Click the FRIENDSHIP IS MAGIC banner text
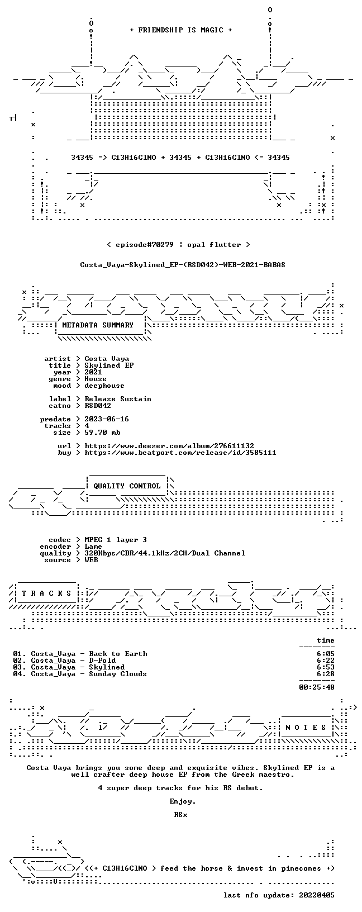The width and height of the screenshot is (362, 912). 181,30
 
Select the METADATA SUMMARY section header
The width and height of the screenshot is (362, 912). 98,325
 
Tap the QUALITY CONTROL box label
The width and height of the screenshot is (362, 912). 127,486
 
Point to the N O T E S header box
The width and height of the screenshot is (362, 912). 306,727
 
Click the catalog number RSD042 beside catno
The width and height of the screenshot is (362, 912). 98,406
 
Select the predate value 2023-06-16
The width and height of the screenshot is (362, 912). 107,419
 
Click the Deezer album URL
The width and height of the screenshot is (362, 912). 169,446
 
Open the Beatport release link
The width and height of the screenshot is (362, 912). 180,452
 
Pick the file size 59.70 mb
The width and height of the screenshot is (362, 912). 102,433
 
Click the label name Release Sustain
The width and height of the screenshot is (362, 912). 118,399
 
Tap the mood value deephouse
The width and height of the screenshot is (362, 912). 104,386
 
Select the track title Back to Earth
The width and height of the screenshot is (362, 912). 118,654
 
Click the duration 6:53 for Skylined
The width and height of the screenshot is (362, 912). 326,667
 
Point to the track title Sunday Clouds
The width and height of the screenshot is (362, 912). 118,674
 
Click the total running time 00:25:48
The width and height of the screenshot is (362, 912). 317,687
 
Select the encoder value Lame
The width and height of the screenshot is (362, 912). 93,547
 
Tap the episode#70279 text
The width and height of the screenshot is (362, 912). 145,245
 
